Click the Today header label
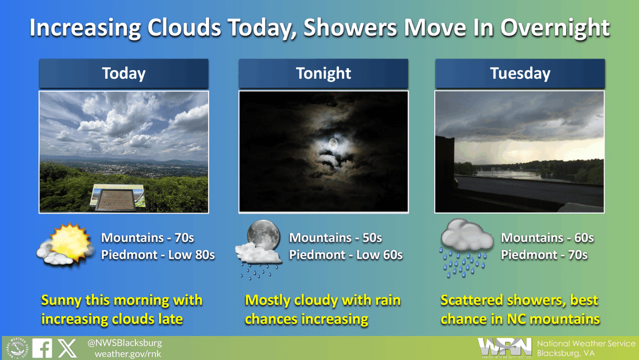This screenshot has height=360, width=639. point(124,73)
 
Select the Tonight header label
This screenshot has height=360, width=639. point(323,73)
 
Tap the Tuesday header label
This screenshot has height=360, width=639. point(520,73)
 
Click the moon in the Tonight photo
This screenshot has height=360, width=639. point(333,144)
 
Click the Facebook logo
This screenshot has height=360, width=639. point(42,348)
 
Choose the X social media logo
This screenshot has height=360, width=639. point(67,348)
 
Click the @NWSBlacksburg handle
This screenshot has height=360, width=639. point(125,343)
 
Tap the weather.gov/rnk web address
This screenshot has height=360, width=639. point(128,354)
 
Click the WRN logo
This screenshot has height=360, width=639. point(504,348)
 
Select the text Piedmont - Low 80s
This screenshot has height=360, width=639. point(158,255)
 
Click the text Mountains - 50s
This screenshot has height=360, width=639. point(335,238)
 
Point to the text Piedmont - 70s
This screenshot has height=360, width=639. point(544,255)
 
